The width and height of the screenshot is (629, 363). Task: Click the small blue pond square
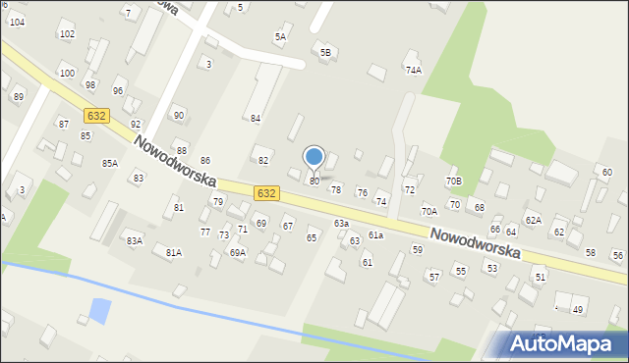(x=99, y=312)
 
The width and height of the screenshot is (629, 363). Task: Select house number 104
(x=17, y=22)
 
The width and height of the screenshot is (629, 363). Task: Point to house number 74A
(x=414, y=70)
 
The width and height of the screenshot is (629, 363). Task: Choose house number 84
(x=255, y=119)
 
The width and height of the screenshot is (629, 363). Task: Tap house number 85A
(x=109, y=163)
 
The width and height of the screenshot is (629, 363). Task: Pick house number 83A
(x=135, y=240)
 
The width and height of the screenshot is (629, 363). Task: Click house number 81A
(x=174, y=252)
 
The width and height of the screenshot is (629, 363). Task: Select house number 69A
(x=238, y=252)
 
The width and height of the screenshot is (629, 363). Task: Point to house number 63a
(x=341, y=224)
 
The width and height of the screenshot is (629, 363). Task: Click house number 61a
(x=375, y=235)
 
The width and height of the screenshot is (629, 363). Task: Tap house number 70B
(x=453, y=181)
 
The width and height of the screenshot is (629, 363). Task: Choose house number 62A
(x=533, y=220)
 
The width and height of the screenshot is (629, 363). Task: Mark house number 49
(x=577, y=310)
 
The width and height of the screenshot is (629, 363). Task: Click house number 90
(x=178, y=115)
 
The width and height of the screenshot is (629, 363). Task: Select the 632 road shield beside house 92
(x=96, y=116)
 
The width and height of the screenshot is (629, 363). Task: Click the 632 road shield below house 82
(x=265, y=193)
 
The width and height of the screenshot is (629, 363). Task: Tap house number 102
(x=67, y=34)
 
